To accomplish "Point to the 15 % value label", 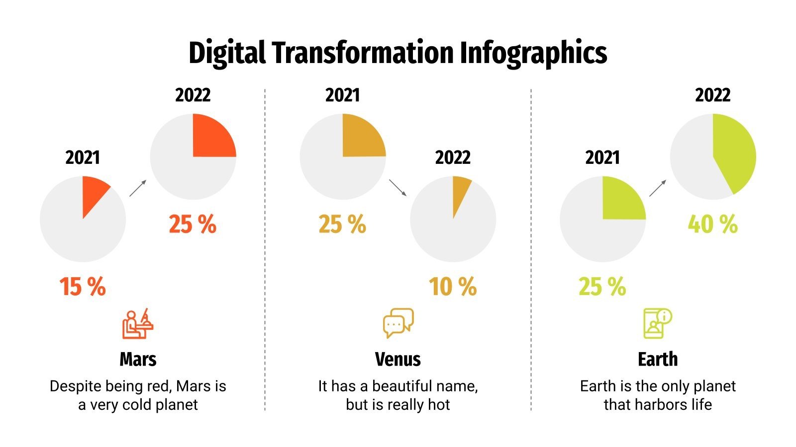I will pos(83,287).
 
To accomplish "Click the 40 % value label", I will pos(712,224).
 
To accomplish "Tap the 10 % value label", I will pos(453,287).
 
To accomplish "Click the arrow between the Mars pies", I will pos(138,188).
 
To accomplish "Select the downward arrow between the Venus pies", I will pos(398,188).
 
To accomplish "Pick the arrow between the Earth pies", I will pos(657,188).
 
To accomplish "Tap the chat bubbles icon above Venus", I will pos(398,323).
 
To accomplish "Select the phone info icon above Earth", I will pos(657,323).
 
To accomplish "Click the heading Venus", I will pos(398,359).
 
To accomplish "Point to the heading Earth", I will pos(658,359).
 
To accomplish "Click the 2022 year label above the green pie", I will pos(712,95).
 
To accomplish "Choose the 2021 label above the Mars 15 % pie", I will pos(83,158).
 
